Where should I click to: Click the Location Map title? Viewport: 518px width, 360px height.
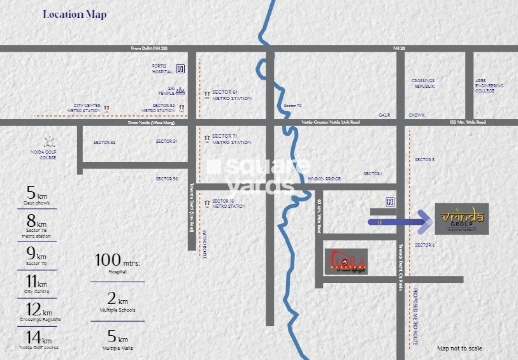[75, 14]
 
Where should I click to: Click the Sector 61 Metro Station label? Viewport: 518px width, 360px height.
[231, 96]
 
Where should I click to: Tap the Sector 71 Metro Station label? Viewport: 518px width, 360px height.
[231, 139]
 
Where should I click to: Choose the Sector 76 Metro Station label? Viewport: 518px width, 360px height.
[229, 204]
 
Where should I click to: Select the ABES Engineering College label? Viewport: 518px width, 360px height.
[489, 85]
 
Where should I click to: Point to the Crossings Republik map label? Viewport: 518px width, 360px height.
[423, 83]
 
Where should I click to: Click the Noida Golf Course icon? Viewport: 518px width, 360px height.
[47, 141]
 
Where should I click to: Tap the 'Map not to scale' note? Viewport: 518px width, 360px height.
[459, 348]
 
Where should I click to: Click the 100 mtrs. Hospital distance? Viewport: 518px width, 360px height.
[117, 264]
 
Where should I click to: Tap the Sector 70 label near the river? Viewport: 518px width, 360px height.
[292, 105]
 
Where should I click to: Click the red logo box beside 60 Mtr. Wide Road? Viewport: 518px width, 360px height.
[346, 261]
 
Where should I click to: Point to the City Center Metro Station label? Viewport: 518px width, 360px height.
[87, 108]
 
